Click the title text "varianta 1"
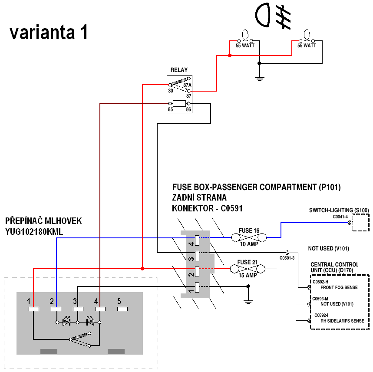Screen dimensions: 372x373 tap(49, 33)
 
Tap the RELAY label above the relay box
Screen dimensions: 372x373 tap(179, 70)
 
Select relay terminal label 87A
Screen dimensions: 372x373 tap(187, 85)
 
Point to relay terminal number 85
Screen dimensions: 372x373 tap(170, 109)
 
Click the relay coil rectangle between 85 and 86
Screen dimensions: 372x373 tap(179, 103)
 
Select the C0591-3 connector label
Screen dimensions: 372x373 tap(287, 258)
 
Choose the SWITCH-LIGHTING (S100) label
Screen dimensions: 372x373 tap(339, 211)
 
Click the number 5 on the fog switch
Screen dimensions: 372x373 tap(119, 301)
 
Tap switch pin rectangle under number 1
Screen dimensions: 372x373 tap(33, 309)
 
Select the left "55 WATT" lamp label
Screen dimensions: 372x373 tap(245, 45)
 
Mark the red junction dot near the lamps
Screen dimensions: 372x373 tap(230, 56)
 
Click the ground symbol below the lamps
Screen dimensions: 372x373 tap(259, 78)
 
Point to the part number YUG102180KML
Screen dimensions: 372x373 tap(34, 232)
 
